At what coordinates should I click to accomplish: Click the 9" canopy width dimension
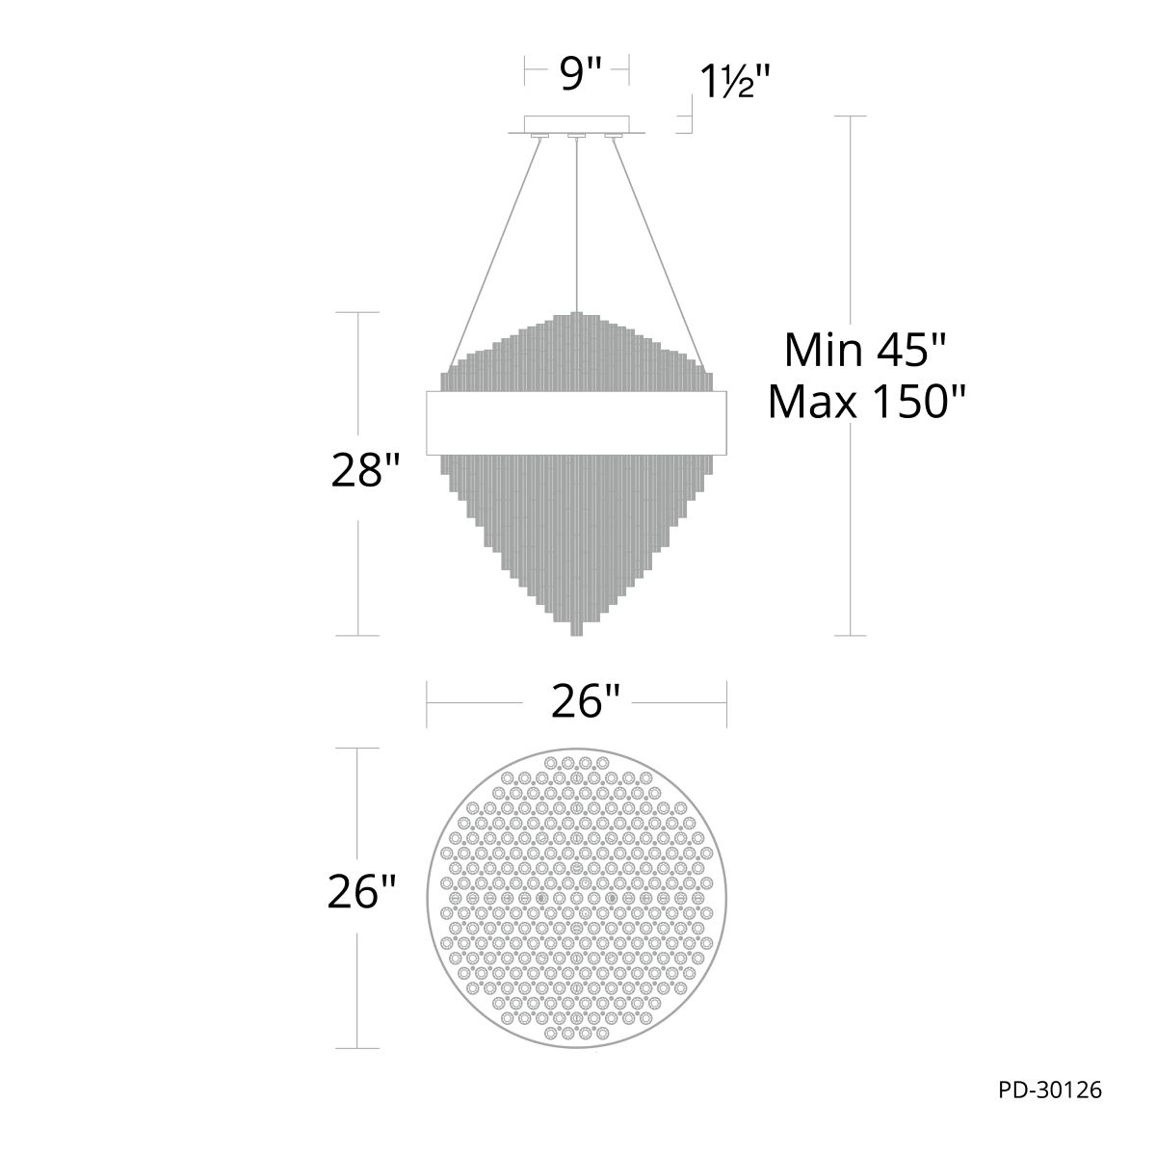coord(575,74)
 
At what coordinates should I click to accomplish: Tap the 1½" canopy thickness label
coord(737,83)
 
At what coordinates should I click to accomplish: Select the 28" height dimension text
coord(365,473)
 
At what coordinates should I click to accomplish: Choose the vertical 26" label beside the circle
coord(362,893)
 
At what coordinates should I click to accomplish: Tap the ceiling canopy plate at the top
coord(576,124)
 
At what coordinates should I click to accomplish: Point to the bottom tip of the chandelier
coord(576,630)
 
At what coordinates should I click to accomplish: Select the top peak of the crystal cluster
coord(576,315)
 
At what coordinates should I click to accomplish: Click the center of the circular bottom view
coord(576,898)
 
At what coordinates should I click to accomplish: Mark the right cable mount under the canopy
coord(613,137)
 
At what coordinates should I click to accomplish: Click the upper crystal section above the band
coord(576,356)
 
